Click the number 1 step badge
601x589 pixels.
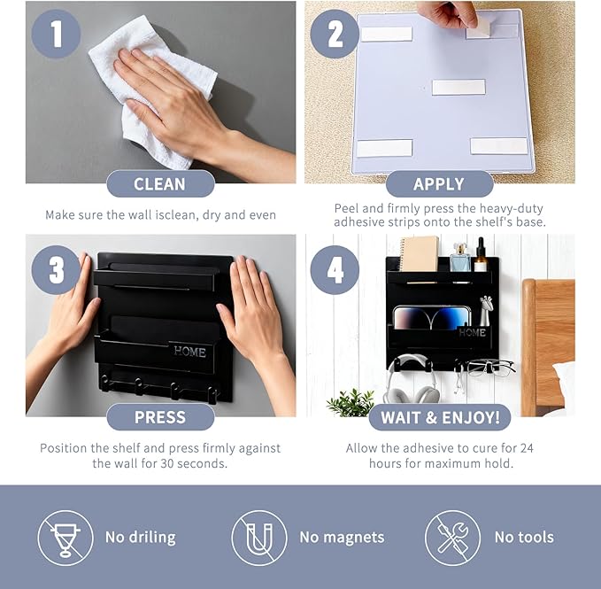pos(56,34)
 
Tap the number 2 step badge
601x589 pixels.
pos(335,34)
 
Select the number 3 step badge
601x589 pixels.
pos(56,270)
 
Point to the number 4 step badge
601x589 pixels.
pos(335,270)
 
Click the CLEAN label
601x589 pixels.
pos(160,183)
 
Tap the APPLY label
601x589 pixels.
pos(439,183)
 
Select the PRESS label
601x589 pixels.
pos(160,417)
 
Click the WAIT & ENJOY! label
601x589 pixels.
pos(440,417)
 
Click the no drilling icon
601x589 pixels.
pos(65,538)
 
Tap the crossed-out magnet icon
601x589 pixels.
pos(259,538)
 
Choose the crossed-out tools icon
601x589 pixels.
pos(452,538)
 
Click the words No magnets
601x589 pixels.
pos(342,538)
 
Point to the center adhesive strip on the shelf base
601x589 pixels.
pos(458,88)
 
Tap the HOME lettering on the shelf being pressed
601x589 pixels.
pos(189,352)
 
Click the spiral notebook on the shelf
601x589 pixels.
pos(418,254)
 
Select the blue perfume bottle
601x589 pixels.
pos(460,258)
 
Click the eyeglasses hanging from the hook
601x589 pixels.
pos(490,368)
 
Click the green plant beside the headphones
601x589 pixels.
pos(351,403)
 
